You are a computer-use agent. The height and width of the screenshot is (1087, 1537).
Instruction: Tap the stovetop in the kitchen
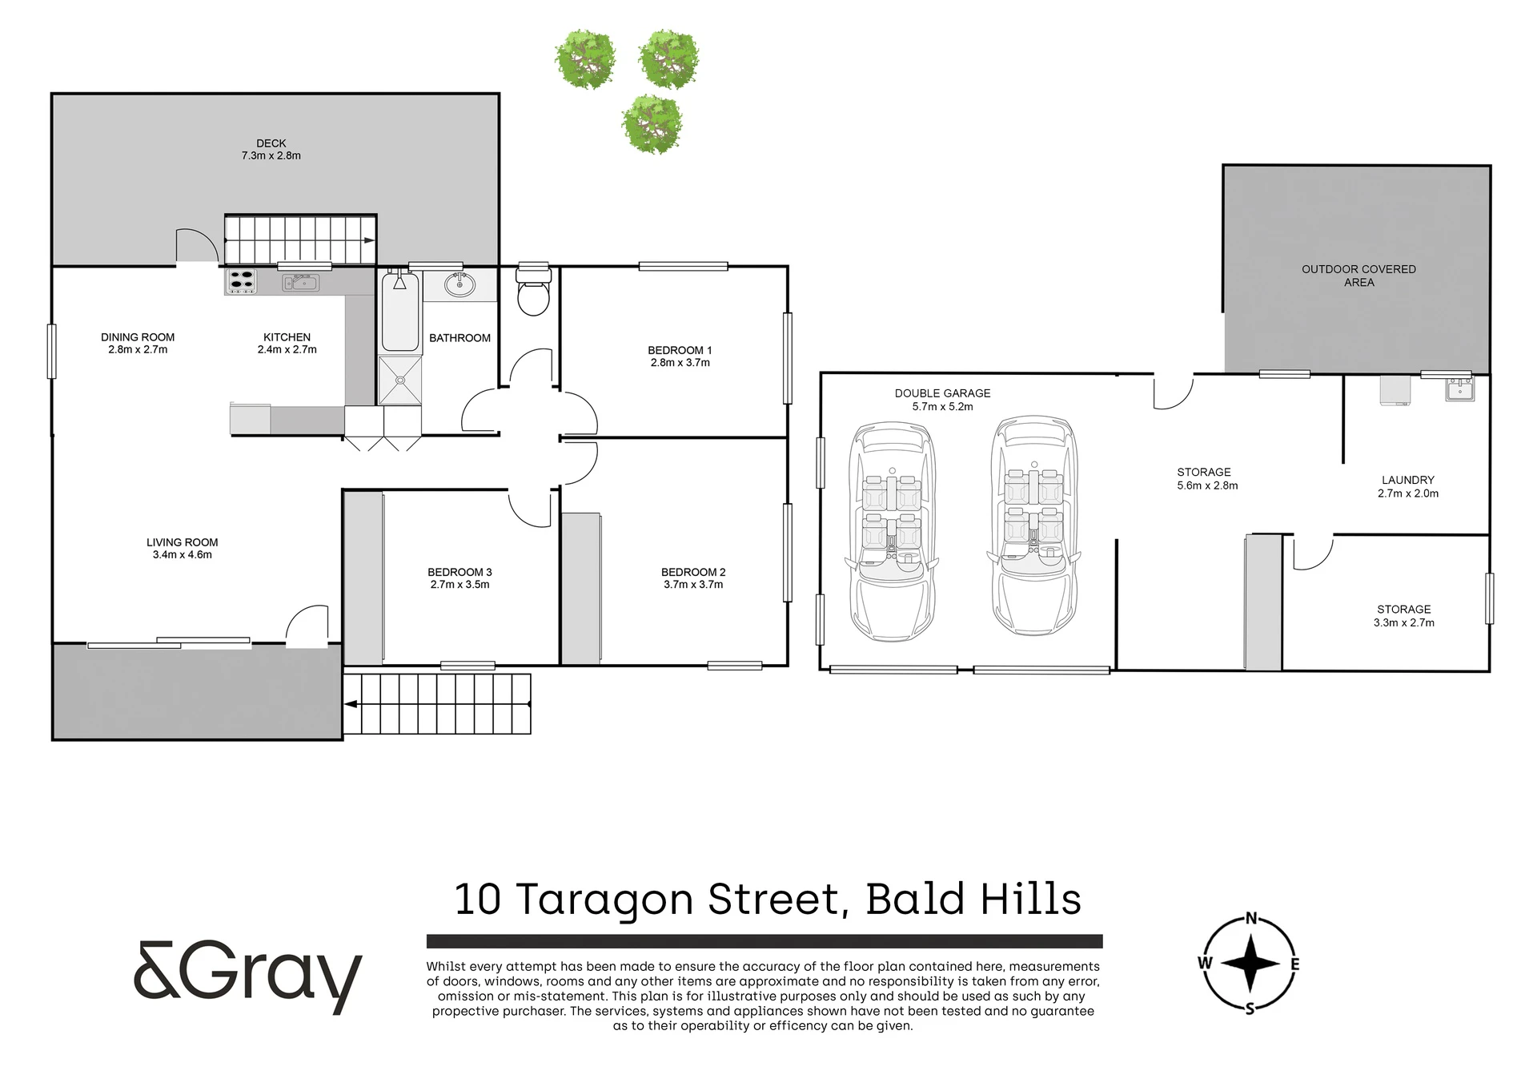point(241,281)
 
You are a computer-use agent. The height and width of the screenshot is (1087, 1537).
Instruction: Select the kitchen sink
point(300,282)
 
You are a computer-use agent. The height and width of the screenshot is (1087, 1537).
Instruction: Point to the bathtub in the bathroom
point(400,312)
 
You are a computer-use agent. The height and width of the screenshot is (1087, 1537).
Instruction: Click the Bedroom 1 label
point(680,350)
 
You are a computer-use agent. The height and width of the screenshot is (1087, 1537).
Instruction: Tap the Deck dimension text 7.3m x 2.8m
point(271,156)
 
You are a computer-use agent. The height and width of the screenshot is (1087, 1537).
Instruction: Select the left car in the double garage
point(891,532)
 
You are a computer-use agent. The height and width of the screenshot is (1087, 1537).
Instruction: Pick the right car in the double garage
point(1033,525)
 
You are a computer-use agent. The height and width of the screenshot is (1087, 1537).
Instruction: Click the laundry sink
point(1460,389)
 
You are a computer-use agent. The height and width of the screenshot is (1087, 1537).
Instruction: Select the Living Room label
point(183,542)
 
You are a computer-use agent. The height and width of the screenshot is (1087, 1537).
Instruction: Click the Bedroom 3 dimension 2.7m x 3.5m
point(459,585)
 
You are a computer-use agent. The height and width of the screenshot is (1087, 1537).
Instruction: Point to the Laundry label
point(1408,481)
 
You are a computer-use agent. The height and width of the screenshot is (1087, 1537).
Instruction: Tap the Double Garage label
point(942,393)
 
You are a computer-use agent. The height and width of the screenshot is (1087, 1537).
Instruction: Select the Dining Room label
point(138,337)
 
